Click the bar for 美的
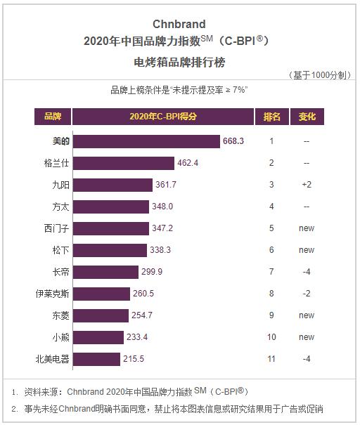click(146, 141)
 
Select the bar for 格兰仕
click(124, 163)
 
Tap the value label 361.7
click(167, 185)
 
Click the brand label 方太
click(53, 207)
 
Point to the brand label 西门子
click(53, 228)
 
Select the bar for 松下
click(110, 250)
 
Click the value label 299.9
click(152, 272)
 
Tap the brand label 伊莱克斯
click(53, 294)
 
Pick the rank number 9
click(271, 315)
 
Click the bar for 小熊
click(98, 337)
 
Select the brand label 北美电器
click(53, 359)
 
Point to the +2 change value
click(307, 185)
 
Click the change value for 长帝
click(307, 272)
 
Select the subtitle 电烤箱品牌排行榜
click(179, 62)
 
